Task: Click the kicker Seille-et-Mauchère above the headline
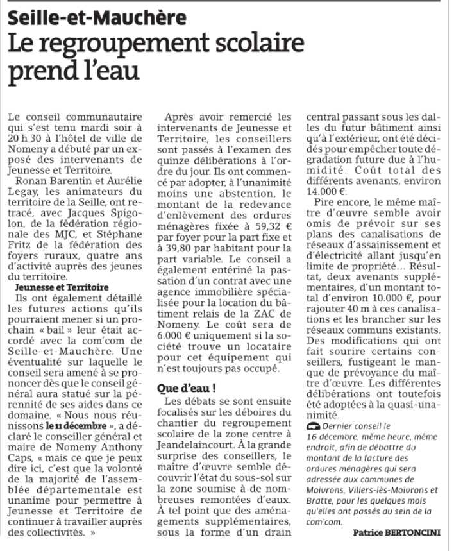point(97,18)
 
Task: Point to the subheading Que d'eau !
point(187,388)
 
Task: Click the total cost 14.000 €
point(327,191)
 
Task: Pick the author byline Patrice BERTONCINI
point(396,532)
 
